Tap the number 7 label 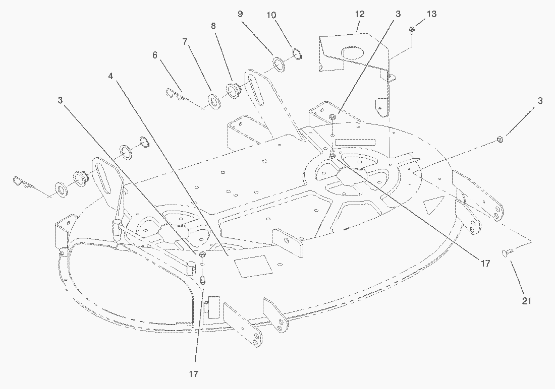[x=186, y=42]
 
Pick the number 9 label [x=241, y=14]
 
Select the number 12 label [x=359, y=15]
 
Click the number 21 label [x=527, y=301]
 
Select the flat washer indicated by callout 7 [x=214, y=101]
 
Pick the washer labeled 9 [x=279, y=64]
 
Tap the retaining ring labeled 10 [x=297, y=53]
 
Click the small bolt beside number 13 [x=412, y=30]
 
